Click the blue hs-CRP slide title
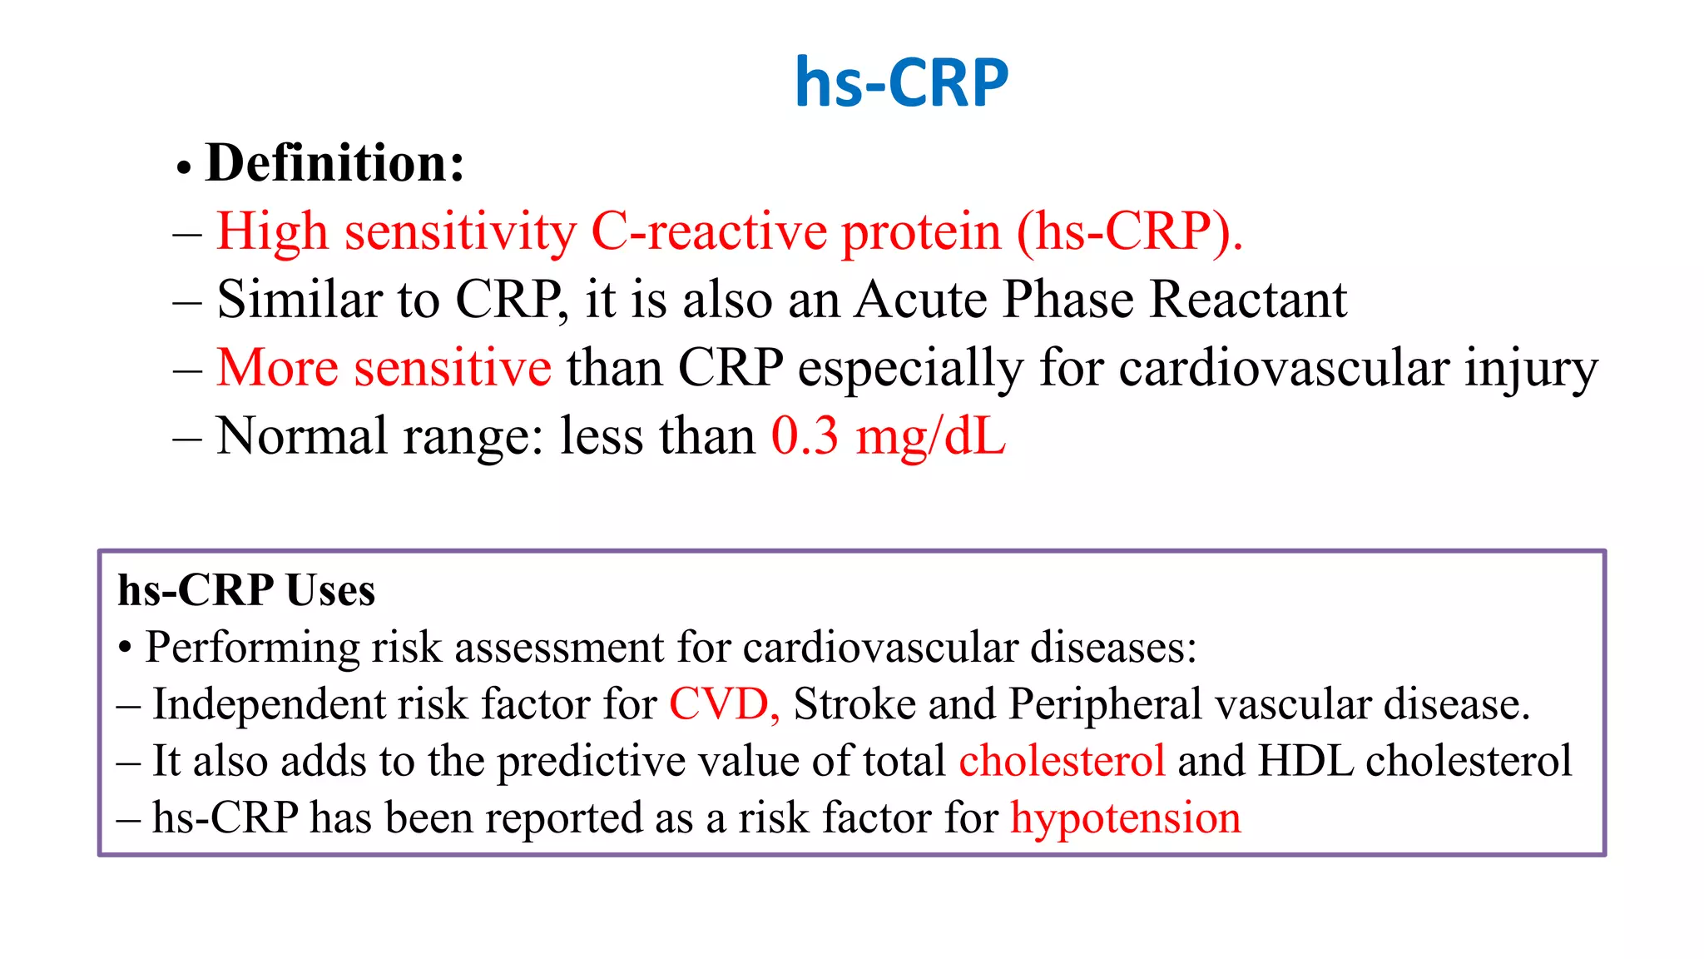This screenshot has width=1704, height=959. tap(901, 82)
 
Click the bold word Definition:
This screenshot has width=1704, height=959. tap(334, 163)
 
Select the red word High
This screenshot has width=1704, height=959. tap(272, 231)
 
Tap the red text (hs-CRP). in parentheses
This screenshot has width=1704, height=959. tap(1129, 231)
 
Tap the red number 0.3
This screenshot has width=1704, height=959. tap(805, 436)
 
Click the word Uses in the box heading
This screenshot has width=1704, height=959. tap(330, 591)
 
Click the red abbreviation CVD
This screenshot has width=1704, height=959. tap(721, 704)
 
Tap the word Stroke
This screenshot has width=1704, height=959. tap(854, 704)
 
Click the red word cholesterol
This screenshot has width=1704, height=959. tap(1062, 761)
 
